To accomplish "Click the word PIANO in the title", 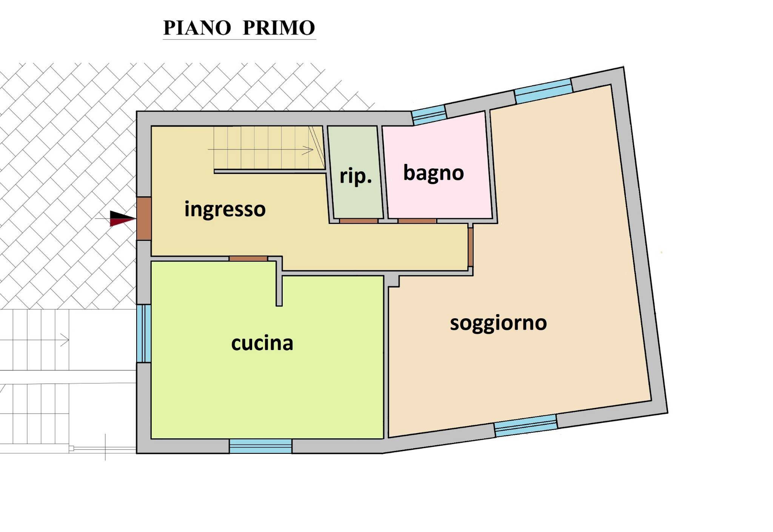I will [197, 28].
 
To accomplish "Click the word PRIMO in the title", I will [279, 28].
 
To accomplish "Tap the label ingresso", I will [225, 209].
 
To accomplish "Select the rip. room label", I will [356, 176].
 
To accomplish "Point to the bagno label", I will [433, 173].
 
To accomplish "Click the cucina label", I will [262, 343].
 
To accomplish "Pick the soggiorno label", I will [498, 323].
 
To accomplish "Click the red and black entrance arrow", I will [122, 219].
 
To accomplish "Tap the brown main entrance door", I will [144, 218].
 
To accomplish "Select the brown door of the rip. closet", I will [359, 221].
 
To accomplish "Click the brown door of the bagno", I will [417, 221].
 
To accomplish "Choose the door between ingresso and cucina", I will [248, 259].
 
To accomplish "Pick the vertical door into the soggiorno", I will [470, 247].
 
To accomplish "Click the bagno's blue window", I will [429, 115].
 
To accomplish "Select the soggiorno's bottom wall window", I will [526, 426].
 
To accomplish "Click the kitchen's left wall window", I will [144, 333].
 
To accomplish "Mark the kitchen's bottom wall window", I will [260, 446].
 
